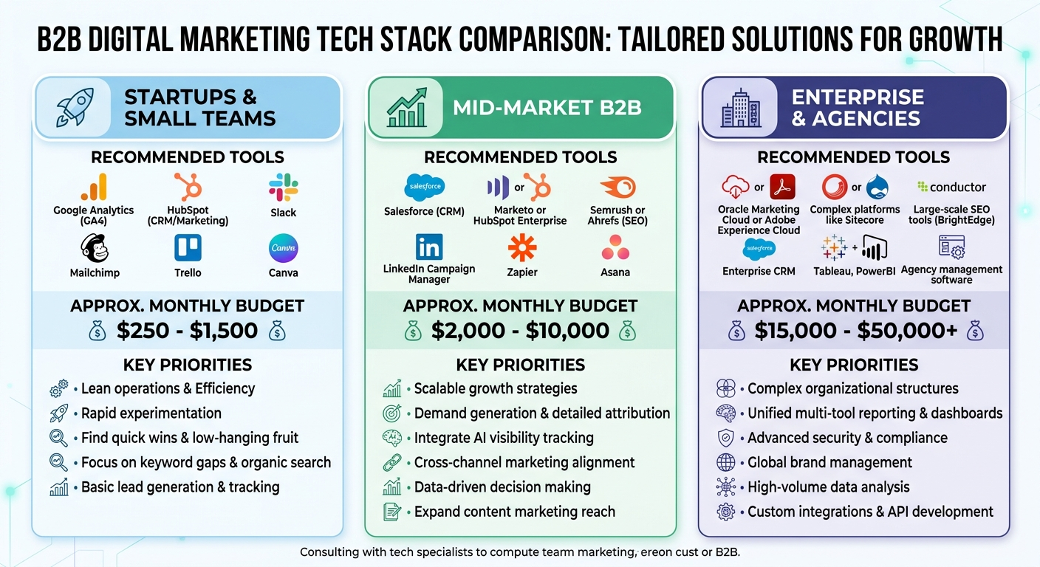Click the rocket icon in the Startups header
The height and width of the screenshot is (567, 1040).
75,108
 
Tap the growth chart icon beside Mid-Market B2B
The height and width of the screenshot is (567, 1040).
406,108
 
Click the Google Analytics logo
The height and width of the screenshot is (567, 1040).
94,187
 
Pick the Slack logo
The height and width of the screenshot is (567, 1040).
283,187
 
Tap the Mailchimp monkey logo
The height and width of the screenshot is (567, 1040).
94,248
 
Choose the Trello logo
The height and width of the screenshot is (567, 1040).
188,248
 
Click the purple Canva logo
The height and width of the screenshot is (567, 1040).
283,248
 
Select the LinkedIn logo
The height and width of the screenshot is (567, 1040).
429,246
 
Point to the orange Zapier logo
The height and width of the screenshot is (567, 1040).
522,247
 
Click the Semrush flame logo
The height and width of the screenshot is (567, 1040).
617,187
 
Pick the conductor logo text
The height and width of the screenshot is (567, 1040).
951,187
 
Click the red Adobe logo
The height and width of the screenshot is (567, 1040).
781,187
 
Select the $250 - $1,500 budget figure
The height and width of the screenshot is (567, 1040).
187,331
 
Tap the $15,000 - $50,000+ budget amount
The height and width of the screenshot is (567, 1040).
855,331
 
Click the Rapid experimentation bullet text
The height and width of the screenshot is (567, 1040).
151,413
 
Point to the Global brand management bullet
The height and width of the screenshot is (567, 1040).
829,463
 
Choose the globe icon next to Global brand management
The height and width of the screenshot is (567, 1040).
725,463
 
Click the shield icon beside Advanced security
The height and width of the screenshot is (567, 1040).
725,438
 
